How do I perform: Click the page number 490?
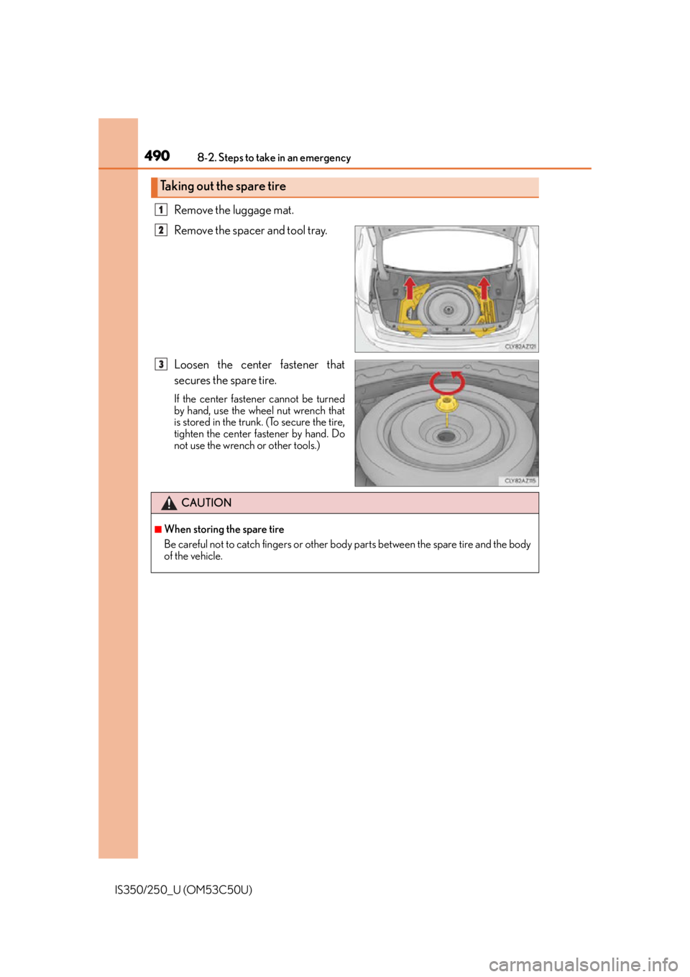pos(157,155)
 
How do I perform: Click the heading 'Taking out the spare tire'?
pos(223,186)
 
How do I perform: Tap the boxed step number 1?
pos(161,210)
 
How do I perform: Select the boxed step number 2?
pos(161,230)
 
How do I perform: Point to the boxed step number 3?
pos(161,364)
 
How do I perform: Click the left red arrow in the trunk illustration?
pos(409,288)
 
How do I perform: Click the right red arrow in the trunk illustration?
pos(484,288)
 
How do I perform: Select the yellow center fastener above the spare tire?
pos(446,404)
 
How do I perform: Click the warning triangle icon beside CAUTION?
pos(169,504)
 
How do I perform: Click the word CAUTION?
pos(206,503)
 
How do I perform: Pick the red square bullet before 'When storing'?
pos(158,530)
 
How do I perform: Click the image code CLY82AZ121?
pos(520,346)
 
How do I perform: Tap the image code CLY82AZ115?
pos(520,481)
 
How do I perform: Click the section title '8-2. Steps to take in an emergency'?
pos(274,158)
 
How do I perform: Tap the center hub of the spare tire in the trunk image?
pos(447,309)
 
